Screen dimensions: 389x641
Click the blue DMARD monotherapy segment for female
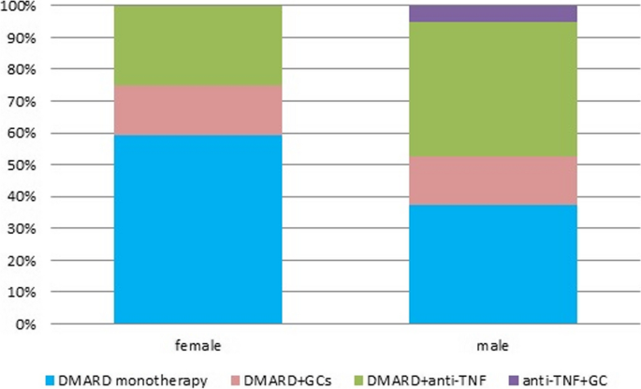click(x=197, y=229)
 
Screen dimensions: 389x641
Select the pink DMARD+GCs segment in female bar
click(x=197, y=110)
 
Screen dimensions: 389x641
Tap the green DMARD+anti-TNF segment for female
click(x=197, y=46)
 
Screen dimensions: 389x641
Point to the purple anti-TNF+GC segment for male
click(x=493, y=13)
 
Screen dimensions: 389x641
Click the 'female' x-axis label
click(x=197, y=344)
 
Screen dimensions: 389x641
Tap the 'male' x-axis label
click(x=493, y=344)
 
